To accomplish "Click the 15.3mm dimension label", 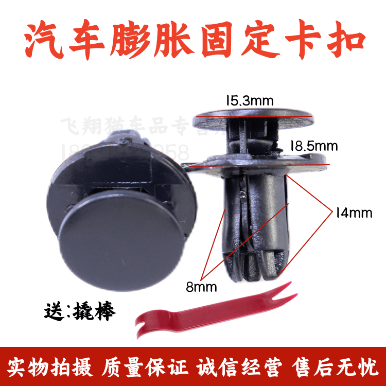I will [249, 101].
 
